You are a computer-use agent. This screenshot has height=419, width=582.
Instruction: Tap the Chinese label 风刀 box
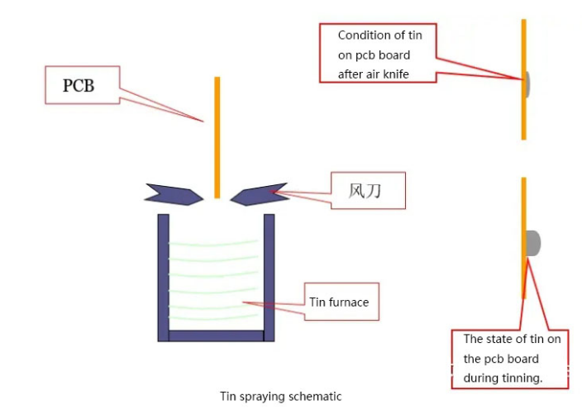368,193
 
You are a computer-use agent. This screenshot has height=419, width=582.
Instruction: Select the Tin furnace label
338,302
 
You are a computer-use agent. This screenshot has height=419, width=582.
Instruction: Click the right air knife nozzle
260,193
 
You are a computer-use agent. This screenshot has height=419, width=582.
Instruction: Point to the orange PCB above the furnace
217,136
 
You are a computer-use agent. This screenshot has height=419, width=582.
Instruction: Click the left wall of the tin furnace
163,277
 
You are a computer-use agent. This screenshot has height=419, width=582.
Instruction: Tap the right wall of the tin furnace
269,277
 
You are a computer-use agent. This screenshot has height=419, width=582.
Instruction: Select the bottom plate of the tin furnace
216,336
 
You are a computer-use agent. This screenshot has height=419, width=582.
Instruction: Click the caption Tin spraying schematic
280,396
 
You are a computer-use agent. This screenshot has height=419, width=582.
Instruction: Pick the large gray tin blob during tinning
534,243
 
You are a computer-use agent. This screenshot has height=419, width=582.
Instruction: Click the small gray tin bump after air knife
527,83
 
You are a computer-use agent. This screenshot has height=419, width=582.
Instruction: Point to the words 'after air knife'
374,74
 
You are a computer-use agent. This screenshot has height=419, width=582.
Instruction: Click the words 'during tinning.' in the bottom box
503,378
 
